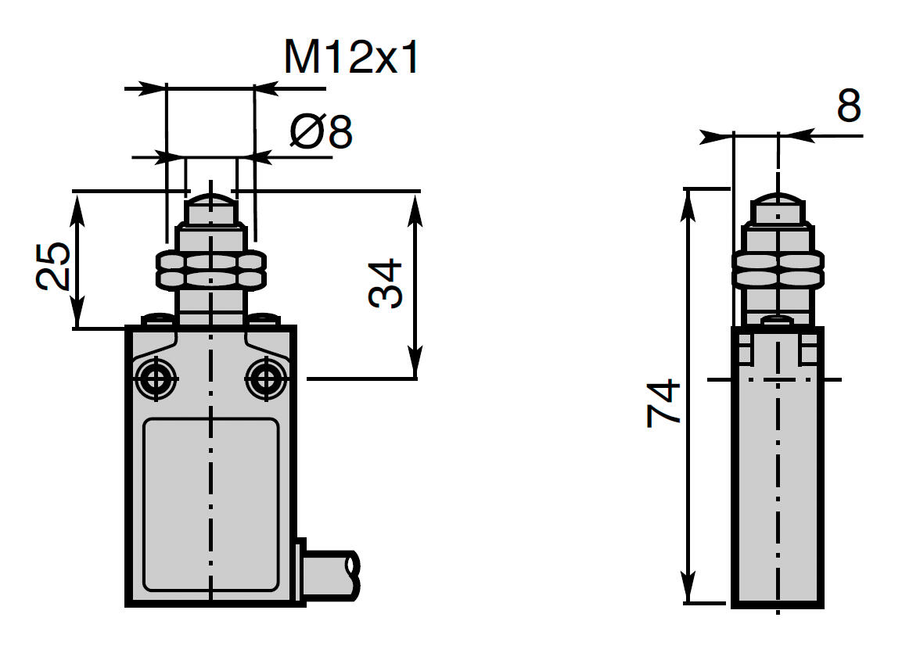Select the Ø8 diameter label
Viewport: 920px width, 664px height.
[321, 132]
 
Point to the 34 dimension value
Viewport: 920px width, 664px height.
[386, 283]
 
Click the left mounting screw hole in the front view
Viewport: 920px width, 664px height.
[155, 379]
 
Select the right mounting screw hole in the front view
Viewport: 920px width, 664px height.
[266, 379]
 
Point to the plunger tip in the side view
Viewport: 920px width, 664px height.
[778, 208]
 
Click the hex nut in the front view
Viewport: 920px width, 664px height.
[210, 270]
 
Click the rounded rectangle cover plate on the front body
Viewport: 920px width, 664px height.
[211, 504]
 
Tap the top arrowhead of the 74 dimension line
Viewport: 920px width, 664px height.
[689, 199]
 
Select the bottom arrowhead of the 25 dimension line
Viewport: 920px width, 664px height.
[77, 317]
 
